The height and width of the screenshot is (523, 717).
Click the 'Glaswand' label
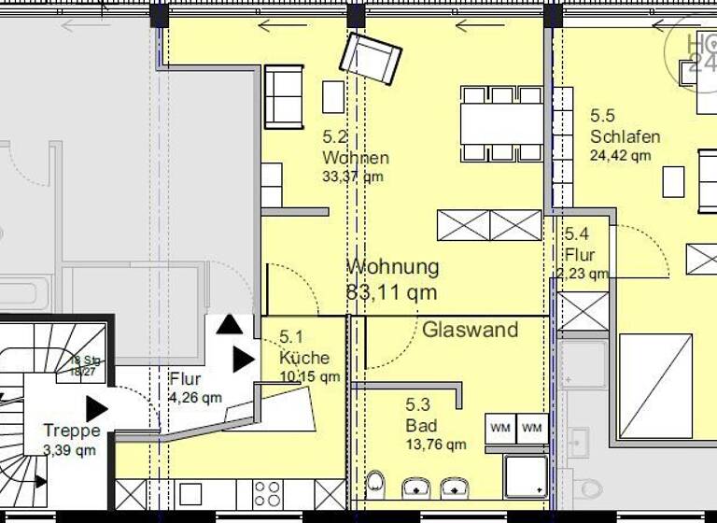click(470, 330)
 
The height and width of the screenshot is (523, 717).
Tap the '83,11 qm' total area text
click(391, 291)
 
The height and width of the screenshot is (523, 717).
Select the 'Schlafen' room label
click(625, 136)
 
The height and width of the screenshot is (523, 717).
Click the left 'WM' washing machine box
click(501, 428)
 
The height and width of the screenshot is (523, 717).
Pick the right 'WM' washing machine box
click(532, 428)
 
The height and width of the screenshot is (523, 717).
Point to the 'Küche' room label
click(303, 358)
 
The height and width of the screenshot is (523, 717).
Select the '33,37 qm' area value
click(352, 177)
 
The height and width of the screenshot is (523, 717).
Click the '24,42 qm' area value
click(620, 156)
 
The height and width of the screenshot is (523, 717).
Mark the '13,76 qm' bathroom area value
click(435, 445)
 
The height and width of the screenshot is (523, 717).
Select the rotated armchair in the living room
click(370, 58)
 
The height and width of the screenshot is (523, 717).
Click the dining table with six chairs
click(501, 124)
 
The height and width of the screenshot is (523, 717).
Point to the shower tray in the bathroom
click(526, 476)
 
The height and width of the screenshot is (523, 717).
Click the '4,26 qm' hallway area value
click(195, 397)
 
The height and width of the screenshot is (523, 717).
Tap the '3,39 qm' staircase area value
click(69, 450)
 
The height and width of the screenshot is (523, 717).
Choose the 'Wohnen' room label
click(355, 157)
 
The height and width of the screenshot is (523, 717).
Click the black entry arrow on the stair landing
click(96, 408)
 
